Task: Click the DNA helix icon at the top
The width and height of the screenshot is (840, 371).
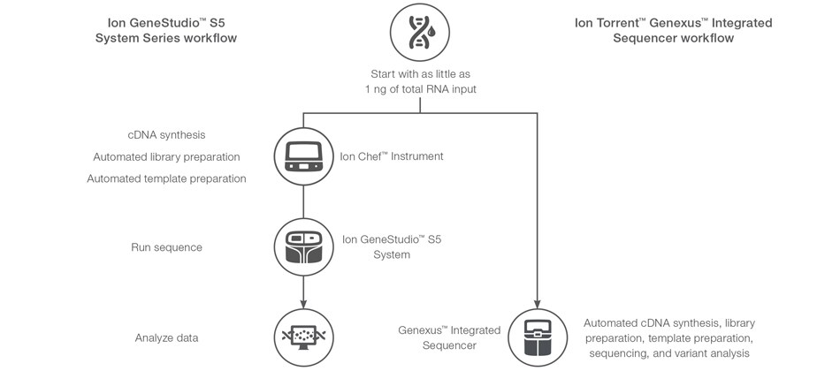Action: click(420, 33)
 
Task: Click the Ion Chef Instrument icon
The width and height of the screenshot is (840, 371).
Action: click(303, 156)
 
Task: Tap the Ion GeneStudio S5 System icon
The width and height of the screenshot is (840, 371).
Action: click(303, 246)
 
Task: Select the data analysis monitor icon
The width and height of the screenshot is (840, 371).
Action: click(303, 337)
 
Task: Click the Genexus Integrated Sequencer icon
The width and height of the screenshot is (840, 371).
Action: click(538, 337)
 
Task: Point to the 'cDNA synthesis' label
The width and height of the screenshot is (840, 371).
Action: click(166, 135)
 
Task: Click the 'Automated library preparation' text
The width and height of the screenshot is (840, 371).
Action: click(166, 156)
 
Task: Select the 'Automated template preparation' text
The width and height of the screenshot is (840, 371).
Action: click(166, 178)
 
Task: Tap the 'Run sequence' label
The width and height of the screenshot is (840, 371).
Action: click(166, 247)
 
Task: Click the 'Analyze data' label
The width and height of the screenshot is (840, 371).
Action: click(166, 337)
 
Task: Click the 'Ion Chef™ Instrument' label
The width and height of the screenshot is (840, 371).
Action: click(392, 156)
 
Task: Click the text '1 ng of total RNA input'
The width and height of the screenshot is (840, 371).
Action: click(420, 90)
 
